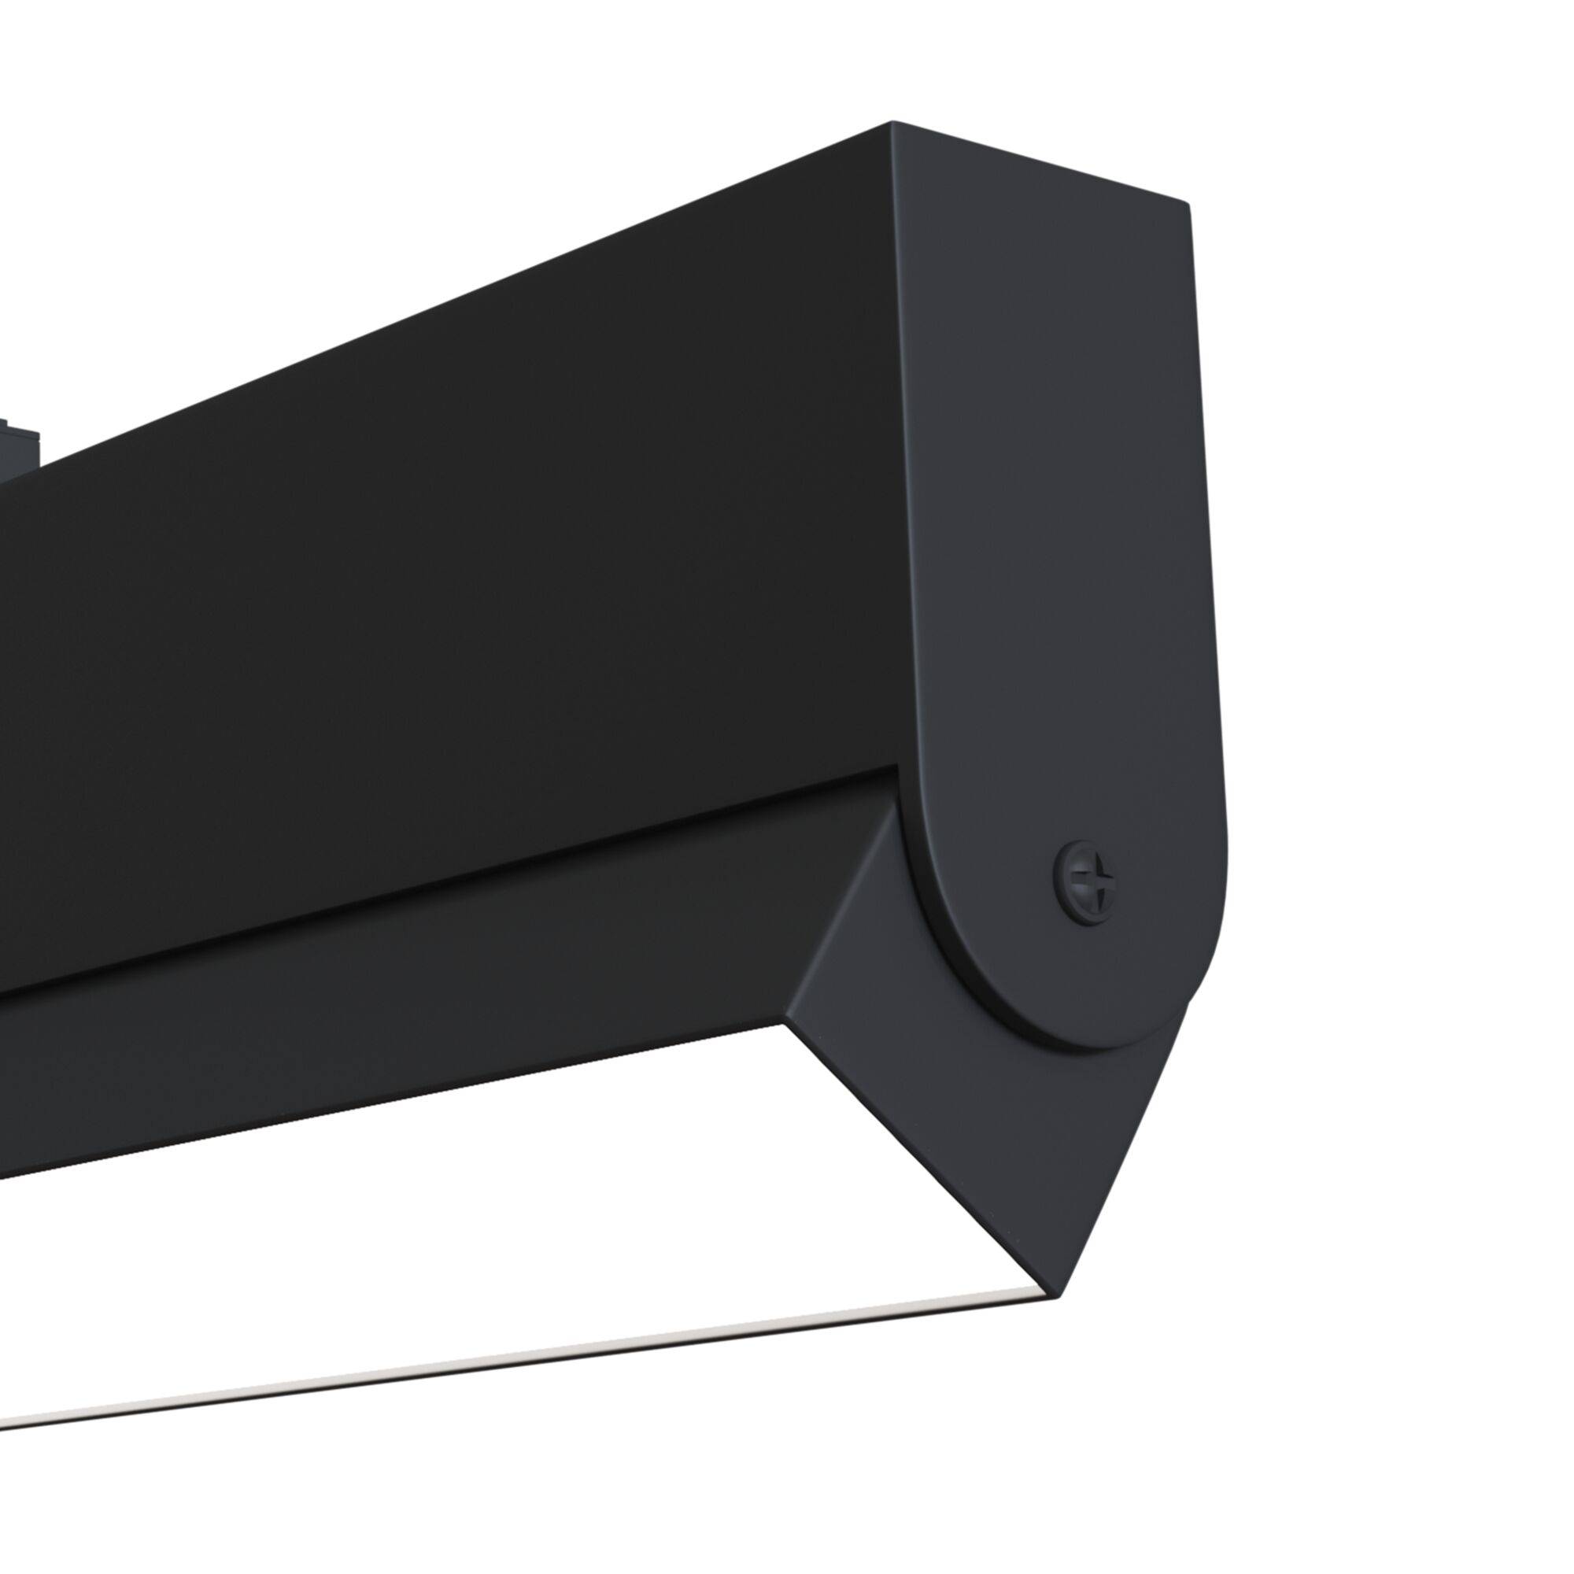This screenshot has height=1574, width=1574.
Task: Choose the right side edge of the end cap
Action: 1209,571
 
